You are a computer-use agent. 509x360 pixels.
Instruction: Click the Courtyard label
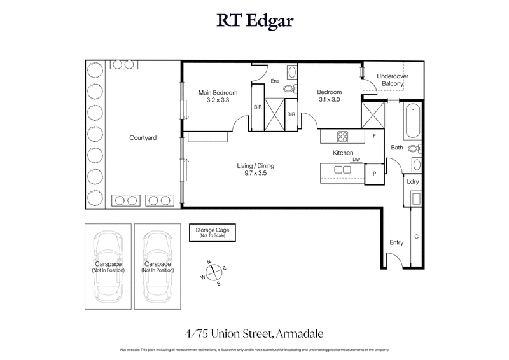click(x=143, y=137)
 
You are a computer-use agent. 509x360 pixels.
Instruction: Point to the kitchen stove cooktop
click(x=342, y=135)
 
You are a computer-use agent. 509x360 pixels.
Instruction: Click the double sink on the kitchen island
click(x=342, y=169)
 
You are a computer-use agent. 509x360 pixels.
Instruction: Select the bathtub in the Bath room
click(x=412, y=121)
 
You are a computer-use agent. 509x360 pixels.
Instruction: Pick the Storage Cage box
click(x=207, y=233)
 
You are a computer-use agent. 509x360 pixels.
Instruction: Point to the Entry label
click(x=396, y=242)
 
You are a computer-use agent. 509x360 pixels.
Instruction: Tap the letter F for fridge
click(x=375, y=136)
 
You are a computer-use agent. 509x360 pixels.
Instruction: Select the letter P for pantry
click(x=373, y=173)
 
